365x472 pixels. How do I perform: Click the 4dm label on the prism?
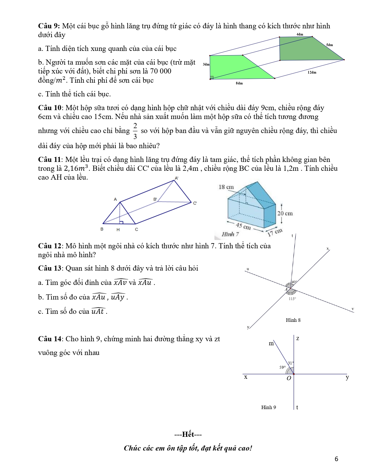[x=300, y=34]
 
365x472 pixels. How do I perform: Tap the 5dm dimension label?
[x=329, y=45]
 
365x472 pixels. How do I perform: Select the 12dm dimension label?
[x=312, y=72]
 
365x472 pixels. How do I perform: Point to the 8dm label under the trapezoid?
[x=239, y=83]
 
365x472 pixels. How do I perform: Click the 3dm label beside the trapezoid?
[x=206, y=64]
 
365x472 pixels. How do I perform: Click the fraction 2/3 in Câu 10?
[x=135, y=131]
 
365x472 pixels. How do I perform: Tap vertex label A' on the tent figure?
[x=177, y=178]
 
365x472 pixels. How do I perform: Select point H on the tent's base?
[x=118, y=229]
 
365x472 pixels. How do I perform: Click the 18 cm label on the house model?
[x=226, y=187]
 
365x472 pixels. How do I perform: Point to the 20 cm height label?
[x=285, y=213]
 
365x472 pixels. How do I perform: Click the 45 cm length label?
[x=243, y=226]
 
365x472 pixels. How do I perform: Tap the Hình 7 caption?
[x=230, y=234]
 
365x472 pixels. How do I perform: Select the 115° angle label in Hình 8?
[x=292, y=299]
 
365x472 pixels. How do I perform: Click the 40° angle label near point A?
[x=294, y=282]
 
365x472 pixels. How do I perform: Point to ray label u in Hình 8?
[x=248, y=269]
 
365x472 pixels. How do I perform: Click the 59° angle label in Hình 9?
[x=282, y=367]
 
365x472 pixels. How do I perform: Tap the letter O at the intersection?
[x=289, y=378]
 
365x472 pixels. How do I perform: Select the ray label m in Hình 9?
[x=271, y=343]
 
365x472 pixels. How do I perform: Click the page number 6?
[x=336, y=459]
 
